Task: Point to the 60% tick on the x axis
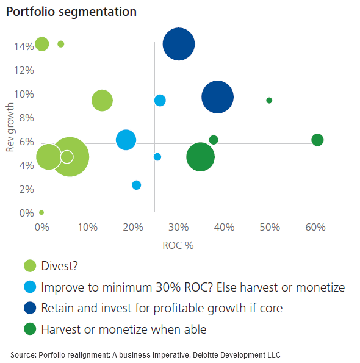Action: coord(315,227)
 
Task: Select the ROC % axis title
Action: coord(179,245)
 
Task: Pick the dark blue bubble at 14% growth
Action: coord(179,44)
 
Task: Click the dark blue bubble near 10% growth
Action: coord(217,97)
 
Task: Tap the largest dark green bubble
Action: coord(200,157)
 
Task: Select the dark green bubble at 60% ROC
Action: coord(317,140)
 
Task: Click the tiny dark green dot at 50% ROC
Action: coord(269,100)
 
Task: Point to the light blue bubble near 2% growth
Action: coord(136,185)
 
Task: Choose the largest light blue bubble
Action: coord(126,139)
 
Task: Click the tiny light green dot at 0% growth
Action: coord(41,212)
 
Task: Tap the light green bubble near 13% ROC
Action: coord(102,101)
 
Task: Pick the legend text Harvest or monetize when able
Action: coord(124,329)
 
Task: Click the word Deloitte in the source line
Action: coord(206,354)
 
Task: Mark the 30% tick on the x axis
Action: coord(179,227)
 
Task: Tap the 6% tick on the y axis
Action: coord(24,141)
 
